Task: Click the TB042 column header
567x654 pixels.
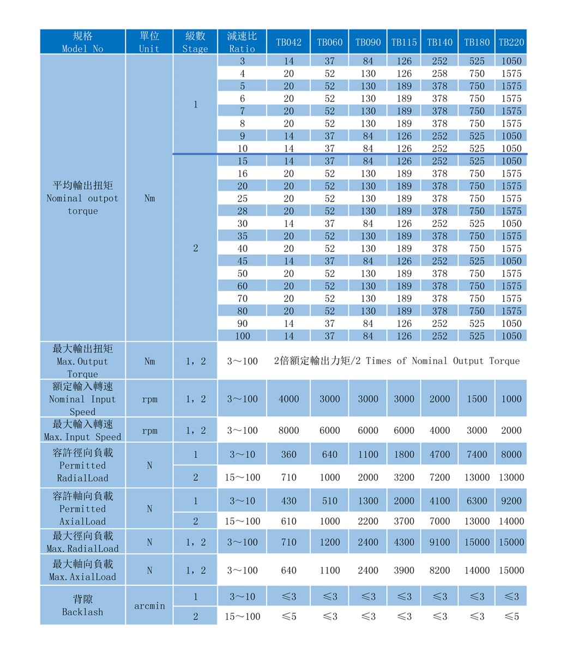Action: point(288,42)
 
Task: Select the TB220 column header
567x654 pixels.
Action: point(511,42)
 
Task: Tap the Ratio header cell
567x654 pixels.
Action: point(242,42)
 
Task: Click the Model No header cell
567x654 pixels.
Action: point(82,42)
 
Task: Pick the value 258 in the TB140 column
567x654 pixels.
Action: point(439,74)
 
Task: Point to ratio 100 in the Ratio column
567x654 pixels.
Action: point(242,336)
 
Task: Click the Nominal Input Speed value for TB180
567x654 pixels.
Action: point(477,398)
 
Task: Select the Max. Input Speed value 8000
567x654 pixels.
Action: point(288,431)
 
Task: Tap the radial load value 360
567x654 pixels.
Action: point(288,455)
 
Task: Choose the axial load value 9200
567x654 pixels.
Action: point(511,501)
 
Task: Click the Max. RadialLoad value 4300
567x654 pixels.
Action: point(404,542)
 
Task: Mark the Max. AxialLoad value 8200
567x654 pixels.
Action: point(439,570)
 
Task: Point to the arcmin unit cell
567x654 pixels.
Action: point(149,606)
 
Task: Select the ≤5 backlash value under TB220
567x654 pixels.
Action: point(511,616)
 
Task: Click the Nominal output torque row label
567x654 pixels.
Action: point(82,198)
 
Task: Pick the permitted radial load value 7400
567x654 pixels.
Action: point(477,455)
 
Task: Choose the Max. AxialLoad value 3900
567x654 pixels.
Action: point(404,570)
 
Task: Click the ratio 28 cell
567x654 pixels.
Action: point(242,211)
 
